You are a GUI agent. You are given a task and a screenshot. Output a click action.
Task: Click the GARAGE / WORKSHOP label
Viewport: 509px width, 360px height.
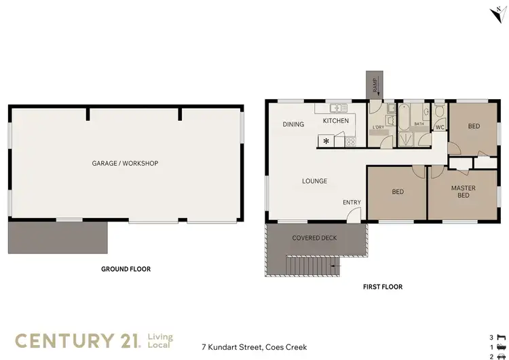125,164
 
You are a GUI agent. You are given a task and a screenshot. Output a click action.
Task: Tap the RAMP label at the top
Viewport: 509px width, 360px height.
374,85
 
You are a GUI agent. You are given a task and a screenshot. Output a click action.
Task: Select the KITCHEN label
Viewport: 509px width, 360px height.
335,121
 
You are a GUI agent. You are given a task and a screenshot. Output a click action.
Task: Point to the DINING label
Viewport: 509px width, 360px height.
293,124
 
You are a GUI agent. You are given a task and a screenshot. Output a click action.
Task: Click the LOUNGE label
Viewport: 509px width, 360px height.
315,181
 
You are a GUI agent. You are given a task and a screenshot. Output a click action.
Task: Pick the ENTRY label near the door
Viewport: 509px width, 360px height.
352,202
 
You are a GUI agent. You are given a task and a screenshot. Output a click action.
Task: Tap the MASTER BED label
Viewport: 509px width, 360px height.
463,192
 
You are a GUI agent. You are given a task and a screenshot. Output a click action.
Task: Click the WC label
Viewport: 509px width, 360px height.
439,127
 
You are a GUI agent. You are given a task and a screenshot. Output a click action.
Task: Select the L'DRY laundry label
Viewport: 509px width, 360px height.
378,128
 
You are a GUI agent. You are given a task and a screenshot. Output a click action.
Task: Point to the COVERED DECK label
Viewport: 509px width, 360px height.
314,238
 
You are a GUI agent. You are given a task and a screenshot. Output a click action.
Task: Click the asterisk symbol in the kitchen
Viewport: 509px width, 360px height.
326,141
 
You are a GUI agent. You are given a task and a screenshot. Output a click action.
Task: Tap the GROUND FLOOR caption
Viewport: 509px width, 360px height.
126,269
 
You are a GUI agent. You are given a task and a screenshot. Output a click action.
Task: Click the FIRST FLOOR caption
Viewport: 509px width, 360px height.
383,287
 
